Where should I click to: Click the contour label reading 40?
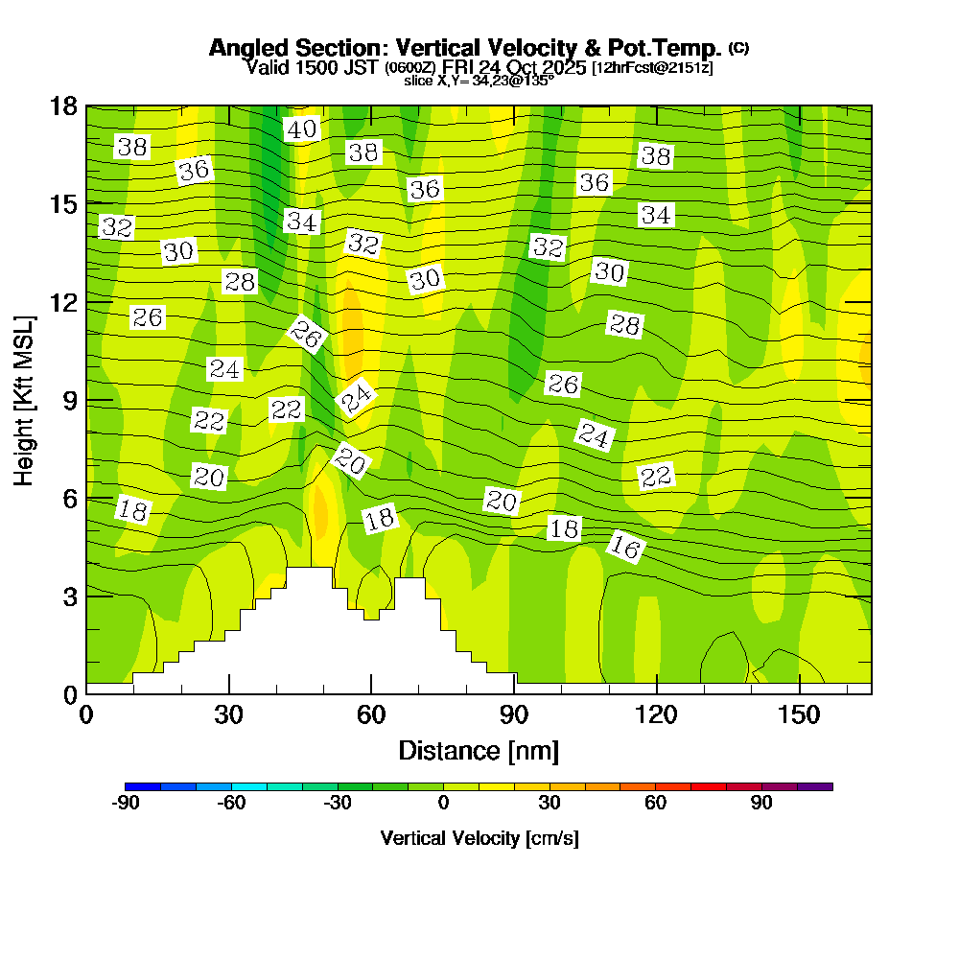click(302, 129)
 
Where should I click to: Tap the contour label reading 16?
click(625, 548)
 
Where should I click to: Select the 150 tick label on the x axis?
click(799, 715)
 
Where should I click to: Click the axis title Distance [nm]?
click(479, 750)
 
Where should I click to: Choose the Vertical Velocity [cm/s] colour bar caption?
click(479, 838)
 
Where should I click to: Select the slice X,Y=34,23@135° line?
click(479, 82)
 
